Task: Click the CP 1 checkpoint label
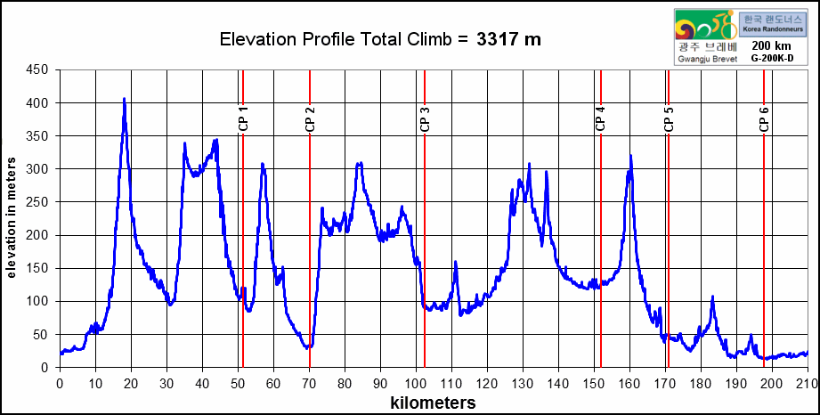243,118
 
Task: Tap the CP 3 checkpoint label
425,118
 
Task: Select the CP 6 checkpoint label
764,118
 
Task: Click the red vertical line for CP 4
601,223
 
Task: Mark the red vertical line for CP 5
668,223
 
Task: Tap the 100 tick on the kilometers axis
416,384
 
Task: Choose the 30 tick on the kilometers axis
166,384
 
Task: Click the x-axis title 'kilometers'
433,403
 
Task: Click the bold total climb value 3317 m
508,39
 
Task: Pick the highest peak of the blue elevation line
124,99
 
